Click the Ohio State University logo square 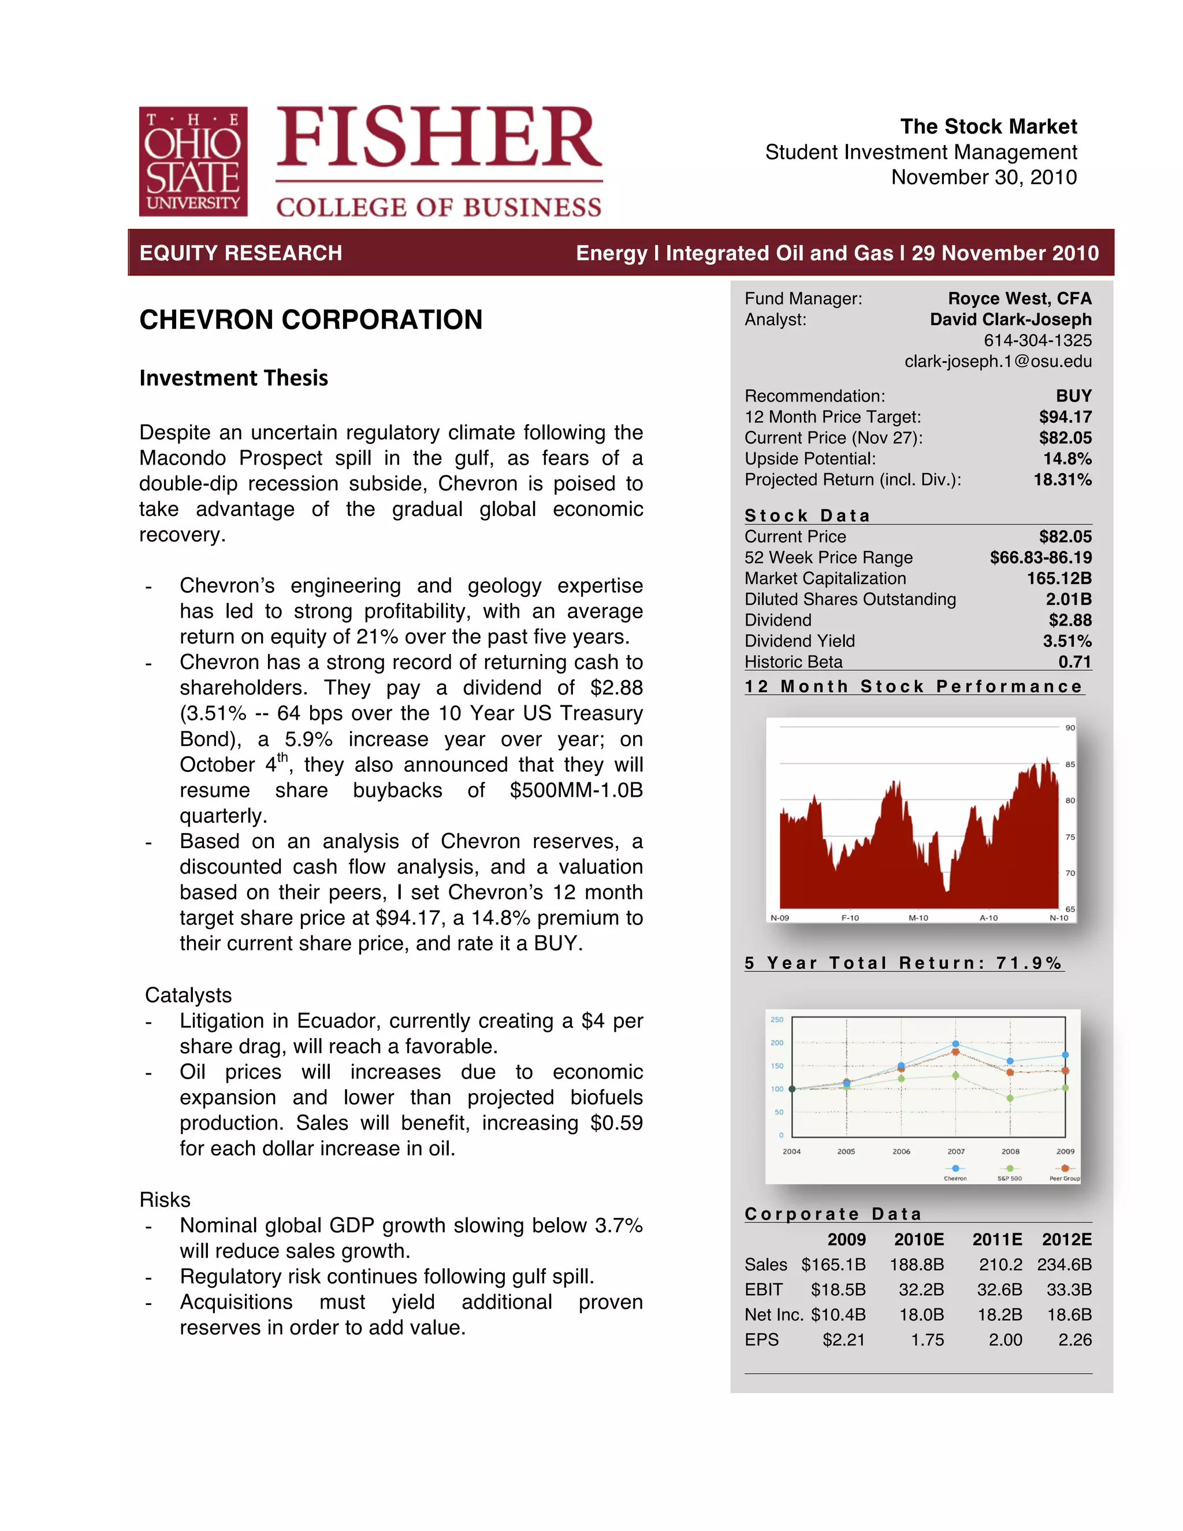[x=193, y=161]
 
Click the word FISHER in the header [x=439, y=138]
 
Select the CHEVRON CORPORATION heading [x=310, y=319]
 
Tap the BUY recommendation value [x=1073, y=396]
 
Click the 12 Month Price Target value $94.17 [x=1065, y=417]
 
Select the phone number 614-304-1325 [x=1037, y=341]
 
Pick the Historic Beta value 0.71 [x=1074, y=662]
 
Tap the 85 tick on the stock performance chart [x=1069, y=765]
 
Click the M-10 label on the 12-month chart [x=918, y=917]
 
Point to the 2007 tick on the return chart [x=956, y=1151]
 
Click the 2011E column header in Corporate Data [x=996, y=1239]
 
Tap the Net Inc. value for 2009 [x=838, y=1314]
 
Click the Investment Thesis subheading [x=233, y=378]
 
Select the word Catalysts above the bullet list [x=188, y=995]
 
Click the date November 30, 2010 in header [x=983, y=177]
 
